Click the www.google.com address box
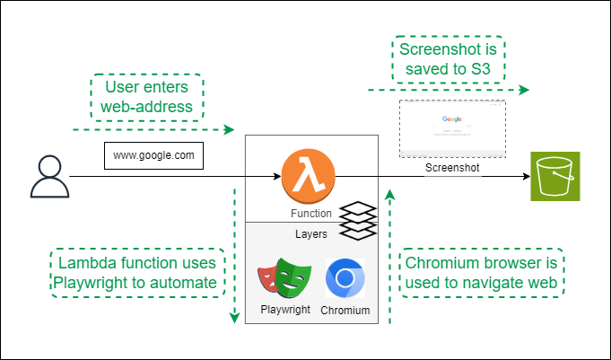point(153,155)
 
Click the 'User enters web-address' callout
point(148,97)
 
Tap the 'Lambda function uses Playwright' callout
point(136,273)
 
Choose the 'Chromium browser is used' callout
point(483,273)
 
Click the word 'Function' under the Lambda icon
point(311,214)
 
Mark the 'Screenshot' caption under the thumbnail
point(452,167)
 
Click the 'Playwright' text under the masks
point(284,310)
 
